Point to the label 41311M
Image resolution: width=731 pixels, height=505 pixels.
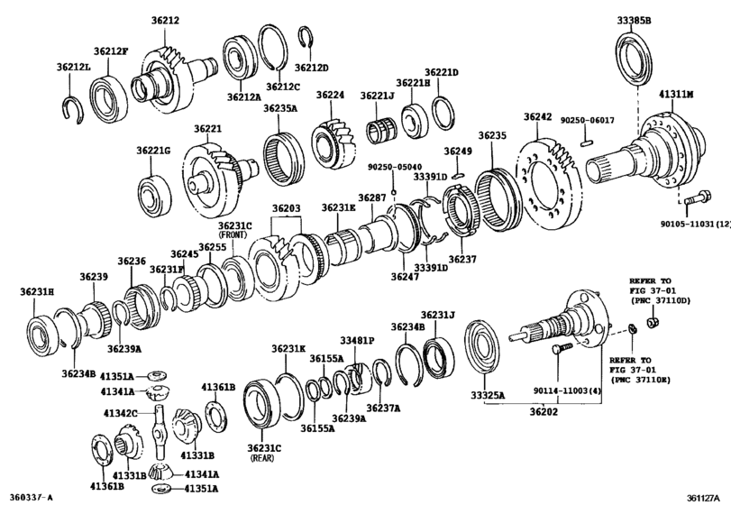(676, 94)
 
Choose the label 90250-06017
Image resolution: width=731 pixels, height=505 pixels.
(586, 120)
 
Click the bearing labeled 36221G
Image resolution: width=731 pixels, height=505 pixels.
(154, 193)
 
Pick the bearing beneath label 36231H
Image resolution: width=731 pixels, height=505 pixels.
(41, 326)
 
